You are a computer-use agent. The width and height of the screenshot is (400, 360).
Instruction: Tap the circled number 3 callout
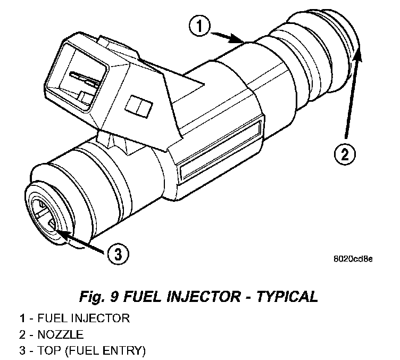[118, 253]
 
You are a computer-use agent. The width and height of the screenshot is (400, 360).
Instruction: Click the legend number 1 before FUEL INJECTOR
[22, 319]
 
